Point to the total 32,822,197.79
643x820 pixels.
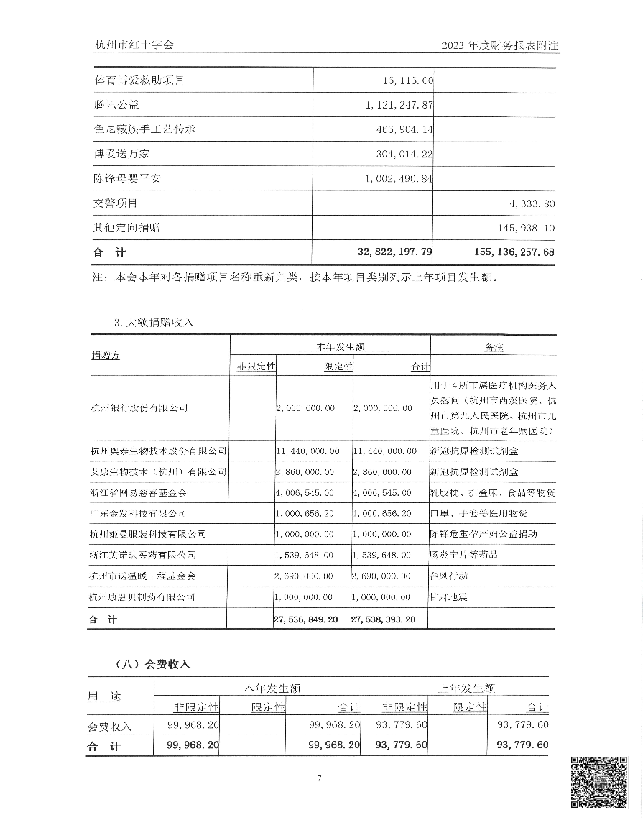[384, 253]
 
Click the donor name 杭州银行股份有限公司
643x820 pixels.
[140, 408]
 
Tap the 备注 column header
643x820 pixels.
[496, 346]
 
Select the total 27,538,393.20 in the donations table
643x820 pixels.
[384, 619]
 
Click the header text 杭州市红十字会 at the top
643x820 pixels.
[134, 45]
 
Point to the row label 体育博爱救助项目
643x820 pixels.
[139, 80]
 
